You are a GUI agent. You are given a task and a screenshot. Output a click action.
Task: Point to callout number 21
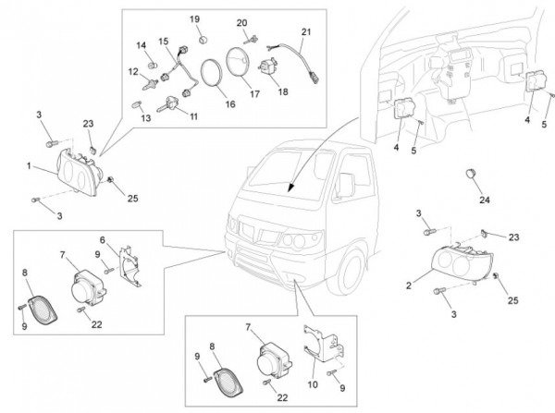tap(306, 31)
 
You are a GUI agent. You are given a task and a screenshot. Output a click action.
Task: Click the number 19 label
tap(195, 18)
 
